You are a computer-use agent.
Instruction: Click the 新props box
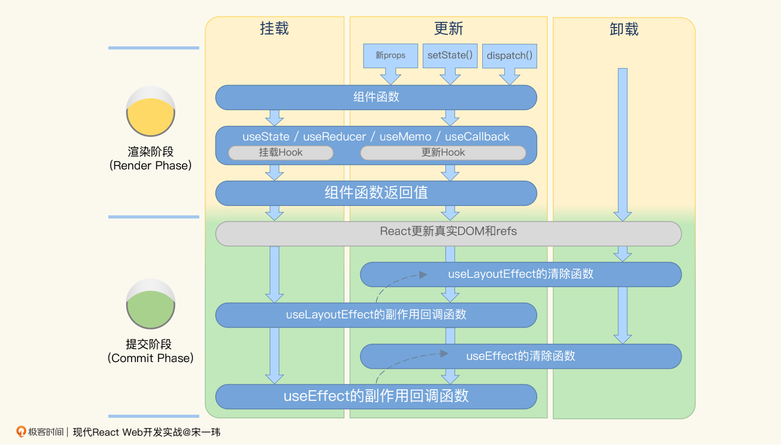coord(390,56)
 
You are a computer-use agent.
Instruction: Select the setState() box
coord(450,56)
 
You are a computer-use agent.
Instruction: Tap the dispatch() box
coord(510,56)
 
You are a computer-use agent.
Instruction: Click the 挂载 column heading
coord(274,29)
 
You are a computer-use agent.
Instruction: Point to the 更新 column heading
coord(448,29)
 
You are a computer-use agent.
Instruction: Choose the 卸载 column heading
coord(624,29)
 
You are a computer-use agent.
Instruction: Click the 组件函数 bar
coord(376,97)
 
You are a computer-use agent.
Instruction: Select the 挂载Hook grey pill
coord(280,152)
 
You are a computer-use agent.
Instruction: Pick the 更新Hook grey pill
coord(443,152)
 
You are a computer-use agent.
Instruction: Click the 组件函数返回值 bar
coord(376,193)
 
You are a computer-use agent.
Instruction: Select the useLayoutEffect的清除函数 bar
coord(521,274)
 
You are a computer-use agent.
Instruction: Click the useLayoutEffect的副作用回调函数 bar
coord(376,315)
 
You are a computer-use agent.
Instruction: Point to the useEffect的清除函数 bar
coord(521,356)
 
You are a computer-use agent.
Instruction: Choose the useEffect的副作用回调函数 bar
coord(376,396)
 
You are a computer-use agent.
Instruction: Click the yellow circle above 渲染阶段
coord(151,111)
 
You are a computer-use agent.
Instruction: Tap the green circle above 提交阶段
coord(151,304)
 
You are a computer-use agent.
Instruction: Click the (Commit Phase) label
coord(151,358)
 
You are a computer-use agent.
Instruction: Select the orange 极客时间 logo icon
coord(21,432)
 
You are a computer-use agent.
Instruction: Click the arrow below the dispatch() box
coord(510,76)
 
